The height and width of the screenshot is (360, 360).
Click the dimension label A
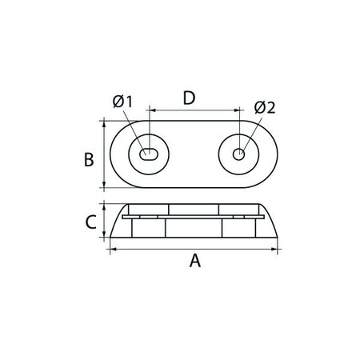[195, 261]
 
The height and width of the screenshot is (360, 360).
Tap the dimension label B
[89, 159]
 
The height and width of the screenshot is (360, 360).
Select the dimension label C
[90, 222]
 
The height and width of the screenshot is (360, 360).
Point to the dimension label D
[190, 98]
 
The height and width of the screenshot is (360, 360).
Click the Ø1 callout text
[122, 102]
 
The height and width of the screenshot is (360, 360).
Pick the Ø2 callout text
[265, 108]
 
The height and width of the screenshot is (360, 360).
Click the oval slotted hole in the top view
[149, 154]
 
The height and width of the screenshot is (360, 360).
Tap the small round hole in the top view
[238, 154]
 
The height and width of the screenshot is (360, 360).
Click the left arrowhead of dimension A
[114, 249]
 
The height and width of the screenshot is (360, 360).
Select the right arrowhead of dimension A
[274, 249]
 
